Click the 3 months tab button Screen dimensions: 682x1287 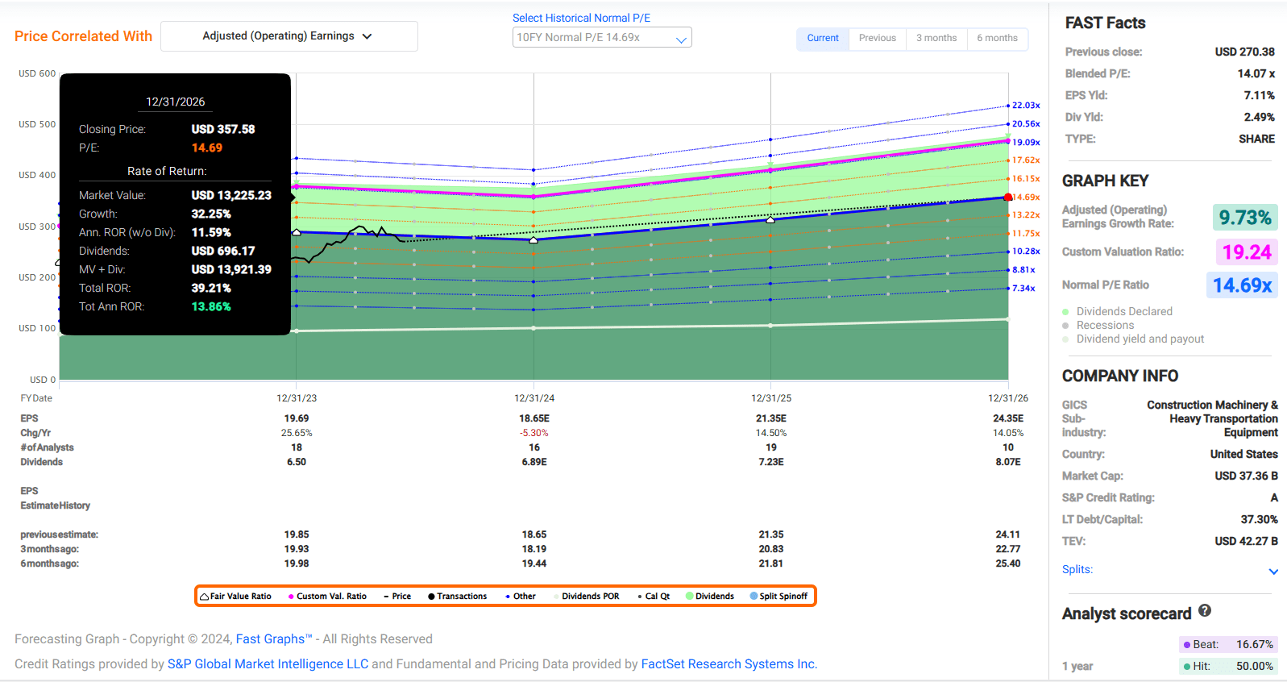point(936,38)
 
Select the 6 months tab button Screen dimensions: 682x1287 point(997,38)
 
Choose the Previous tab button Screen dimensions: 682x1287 point(877,38)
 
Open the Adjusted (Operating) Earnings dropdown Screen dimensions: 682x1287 point(289,36)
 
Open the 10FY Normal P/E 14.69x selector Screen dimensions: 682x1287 point(601,38)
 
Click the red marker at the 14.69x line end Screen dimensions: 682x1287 point(1008,198)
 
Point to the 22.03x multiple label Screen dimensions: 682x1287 point(1026,106)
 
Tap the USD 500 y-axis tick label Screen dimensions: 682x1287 point(37,124)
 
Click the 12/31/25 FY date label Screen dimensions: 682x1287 point(771,398)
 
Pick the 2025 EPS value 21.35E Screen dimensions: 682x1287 point(771,418)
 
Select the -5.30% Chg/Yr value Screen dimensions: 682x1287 point(534,433)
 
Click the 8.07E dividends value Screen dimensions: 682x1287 point(1008,462)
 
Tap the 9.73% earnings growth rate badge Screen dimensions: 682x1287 point(1244,218)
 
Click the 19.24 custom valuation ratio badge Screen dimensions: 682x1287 point(1247,252)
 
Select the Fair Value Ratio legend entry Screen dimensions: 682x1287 point(236,597)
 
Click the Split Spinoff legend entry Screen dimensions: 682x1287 point(778,597)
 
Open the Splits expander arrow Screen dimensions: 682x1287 point(1273,571)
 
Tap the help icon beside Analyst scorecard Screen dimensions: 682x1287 point(1205,611)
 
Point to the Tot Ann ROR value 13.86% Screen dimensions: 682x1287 point(211,307)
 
